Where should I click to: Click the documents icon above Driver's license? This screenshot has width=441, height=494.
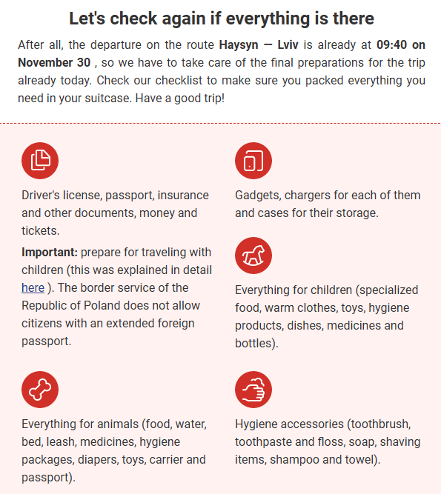click(x=40, y=161)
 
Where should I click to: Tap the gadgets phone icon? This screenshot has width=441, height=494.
click(x=253, y=161)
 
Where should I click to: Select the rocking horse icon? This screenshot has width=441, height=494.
click(x=253, y=256)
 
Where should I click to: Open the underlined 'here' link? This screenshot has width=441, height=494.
click(x=33, y=287)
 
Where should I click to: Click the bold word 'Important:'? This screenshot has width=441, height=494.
click(x=49, y=252)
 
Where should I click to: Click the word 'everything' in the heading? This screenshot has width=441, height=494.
click(x=281, y=18)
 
